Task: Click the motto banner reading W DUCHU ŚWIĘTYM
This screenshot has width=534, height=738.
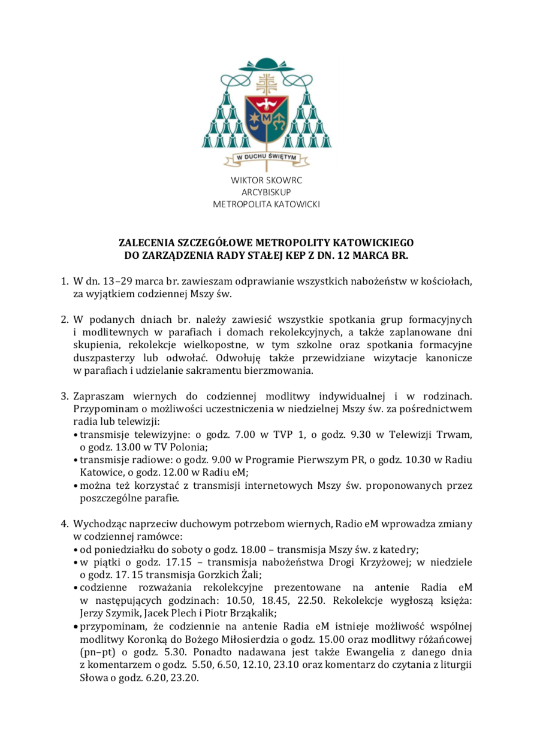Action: pyautogui.click(x=267, y=158)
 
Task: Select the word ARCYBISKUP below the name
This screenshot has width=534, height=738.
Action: pyautogui.click(x=267, y=192)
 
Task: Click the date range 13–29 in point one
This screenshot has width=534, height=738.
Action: pyautogui.click(x=108, y=281)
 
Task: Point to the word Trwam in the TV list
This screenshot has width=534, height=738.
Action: pyautogui.click(x=457, y=435)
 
